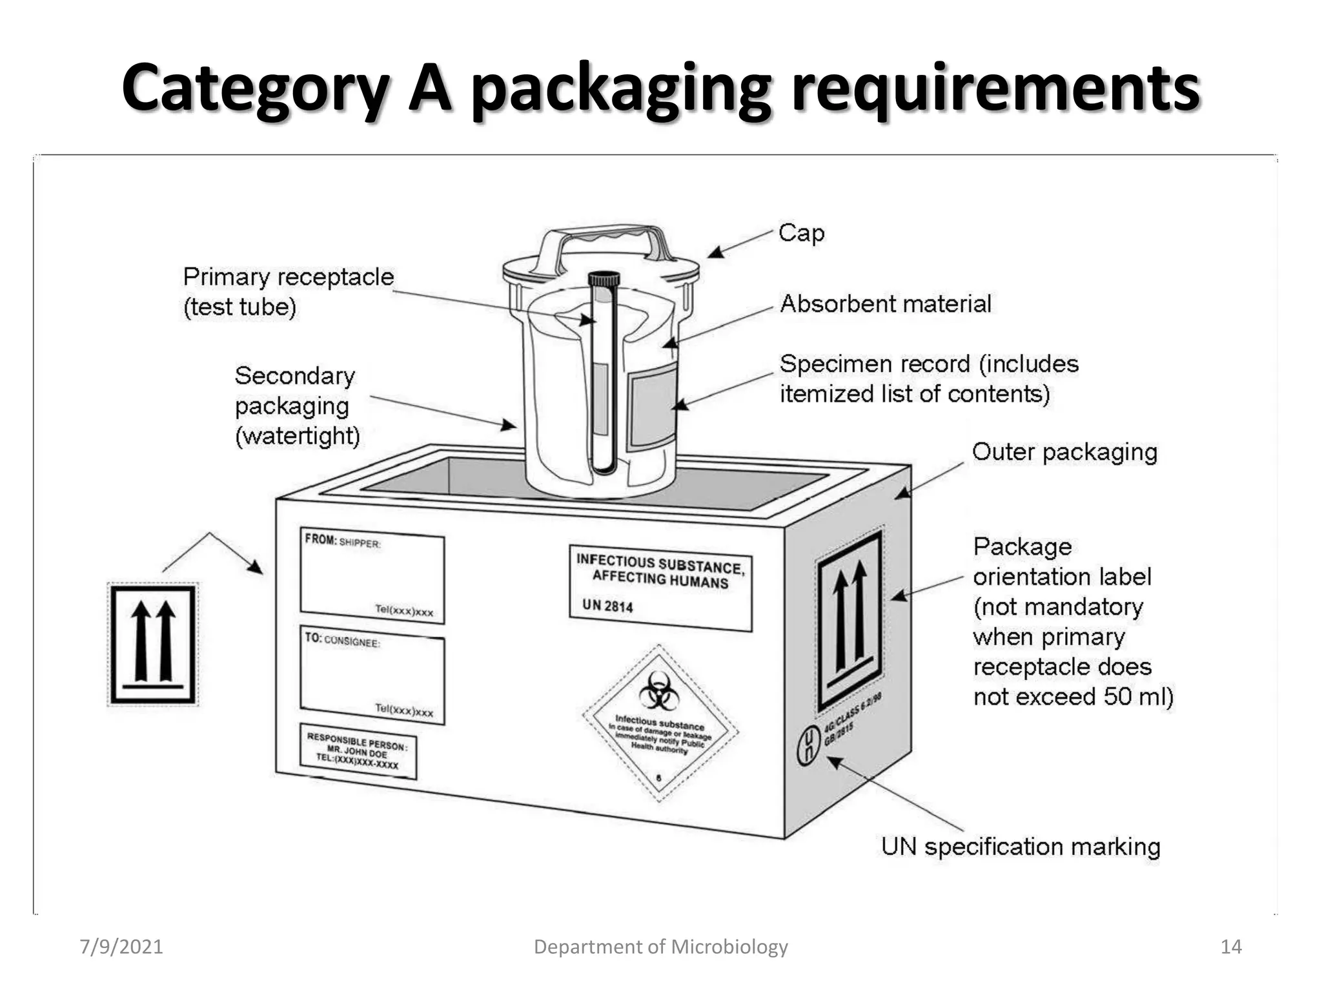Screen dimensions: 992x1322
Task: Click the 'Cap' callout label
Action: pos(801,233)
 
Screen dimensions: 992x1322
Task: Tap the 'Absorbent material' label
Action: pos(885,304)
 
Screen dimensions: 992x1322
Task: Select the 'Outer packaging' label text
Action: pos(1064,452)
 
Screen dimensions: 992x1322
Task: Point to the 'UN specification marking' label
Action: pos(1021,846)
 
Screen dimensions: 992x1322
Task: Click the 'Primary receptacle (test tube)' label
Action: pos(288,291)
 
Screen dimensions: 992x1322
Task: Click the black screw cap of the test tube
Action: pos(604,278)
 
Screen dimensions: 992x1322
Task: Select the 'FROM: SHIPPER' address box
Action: pos(372,575)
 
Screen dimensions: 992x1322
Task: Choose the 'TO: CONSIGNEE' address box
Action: pos(372,676)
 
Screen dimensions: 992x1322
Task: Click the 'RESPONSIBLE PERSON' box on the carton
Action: pos(358,751)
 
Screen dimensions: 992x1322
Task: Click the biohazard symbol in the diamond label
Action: pos(659,690)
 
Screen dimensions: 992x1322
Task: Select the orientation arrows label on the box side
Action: pos(849,621)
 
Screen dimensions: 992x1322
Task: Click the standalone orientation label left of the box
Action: pos(153,644)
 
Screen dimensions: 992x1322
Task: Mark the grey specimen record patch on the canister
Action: pos(652,406)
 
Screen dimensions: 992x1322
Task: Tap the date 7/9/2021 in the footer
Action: pos(121,947)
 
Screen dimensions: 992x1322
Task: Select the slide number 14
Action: pos(1231,947)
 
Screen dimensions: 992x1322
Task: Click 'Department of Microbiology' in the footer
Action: pos(660,947)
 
